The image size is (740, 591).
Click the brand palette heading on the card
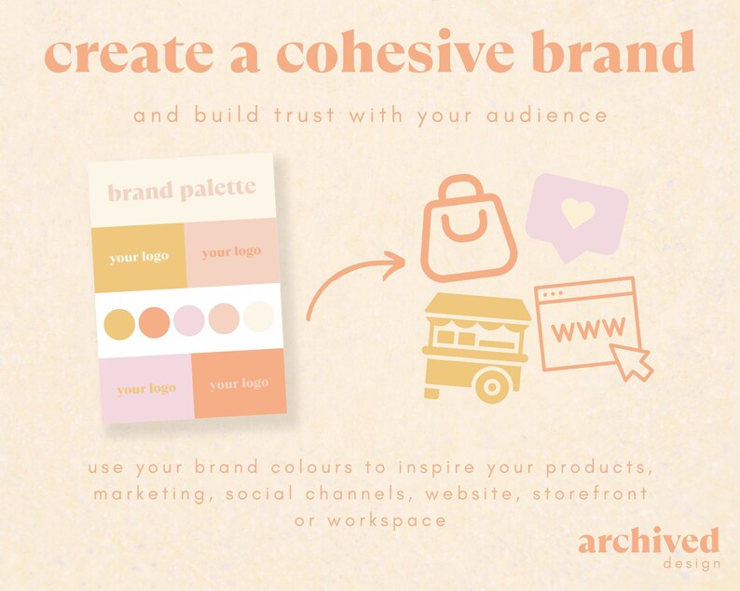coord(181,191)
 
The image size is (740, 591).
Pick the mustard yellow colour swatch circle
coord(118,322)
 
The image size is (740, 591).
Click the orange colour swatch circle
coord(154,322)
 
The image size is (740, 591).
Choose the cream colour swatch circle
coord(259,320)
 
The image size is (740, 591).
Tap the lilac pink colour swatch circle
coord(189,321)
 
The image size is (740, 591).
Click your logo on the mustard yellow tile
coord(138,257)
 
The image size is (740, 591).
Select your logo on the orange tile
coord(239,383)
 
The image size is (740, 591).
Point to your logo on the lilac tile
coord(146,388)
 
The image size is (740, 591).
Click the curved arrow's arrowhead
coord(395,263)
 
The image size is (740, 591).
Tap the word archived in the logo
coord(648,542)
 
